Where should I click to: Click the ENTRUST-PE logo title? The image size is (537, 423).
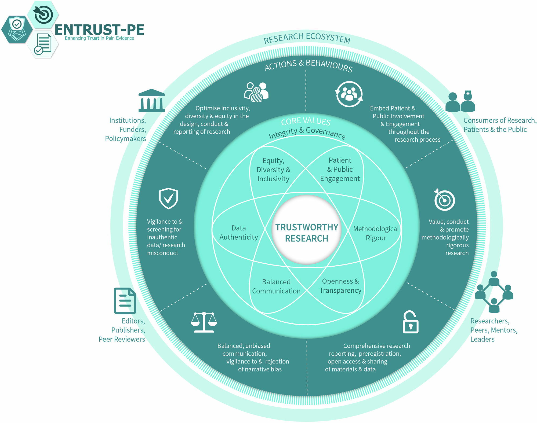pos(99,30)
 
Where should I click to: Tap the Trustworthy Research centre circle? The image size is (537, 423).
pos(307,230)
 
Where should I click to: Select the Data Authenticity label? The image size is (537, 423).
pos(238,233)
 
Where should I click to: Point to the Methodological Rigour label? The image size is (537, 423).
pos(376,233)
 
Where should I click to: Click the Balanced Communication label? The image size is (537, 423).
pos(276,286)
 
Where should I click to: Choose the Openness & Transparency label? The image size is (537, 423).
pos(340,286)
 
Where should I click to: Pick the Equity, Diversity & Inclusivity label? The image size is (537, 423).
pos(273,170)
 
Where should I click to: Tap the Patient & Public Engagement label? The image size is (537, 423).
pos(340,170)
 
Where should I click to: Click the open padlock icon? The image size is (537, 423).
pos(411,322)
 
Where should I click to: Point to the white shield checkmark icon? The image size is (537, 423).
pos(168,198)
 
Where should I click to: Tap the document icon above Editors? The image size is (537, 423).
pos(125,301)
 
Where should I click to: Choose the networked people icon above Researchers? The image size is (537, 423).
pos(494,292)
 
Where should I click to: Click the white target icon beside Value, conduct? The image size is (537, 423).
pos(444,200)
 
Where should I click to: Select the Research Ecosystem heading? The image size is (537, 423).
pos(307,38)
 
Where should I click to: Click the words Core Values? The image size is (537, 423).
pos(306,122)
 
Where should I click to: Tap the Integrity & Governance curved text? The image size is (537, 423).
pos(307,133)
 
